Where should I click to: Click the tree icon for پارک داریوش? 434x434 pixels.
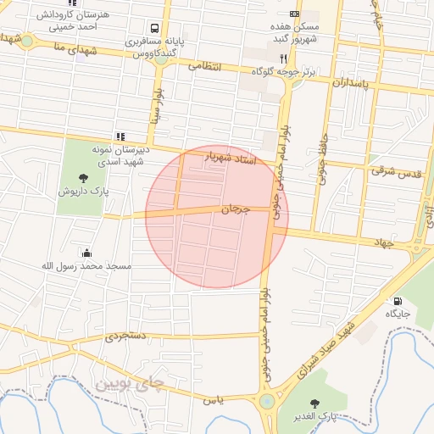83,177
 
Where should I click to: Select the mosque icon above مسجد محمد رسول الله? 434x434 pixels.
86,252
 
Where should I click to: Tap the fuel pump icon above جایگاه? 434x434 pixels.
398,300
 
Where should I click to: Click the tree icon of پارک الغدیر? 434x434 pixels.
315,403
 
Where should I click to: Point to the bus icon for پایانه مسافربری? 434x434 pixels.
150,27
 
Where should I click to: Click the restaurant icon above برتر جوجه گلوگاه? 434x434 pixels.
284,58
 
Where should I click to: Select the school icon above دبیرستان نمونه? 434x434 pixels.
120,136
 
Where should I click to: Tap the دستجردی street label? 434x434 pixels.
126,337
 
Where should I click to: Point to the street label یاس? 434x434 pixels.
214,398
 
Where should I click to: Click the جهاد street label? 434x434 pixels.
385,242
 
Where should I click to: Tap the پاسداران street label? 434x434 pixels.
350,84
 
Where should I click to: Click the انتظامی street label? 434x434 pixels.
204,65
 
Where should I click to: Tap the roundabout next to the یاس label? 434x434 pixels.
267,401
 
